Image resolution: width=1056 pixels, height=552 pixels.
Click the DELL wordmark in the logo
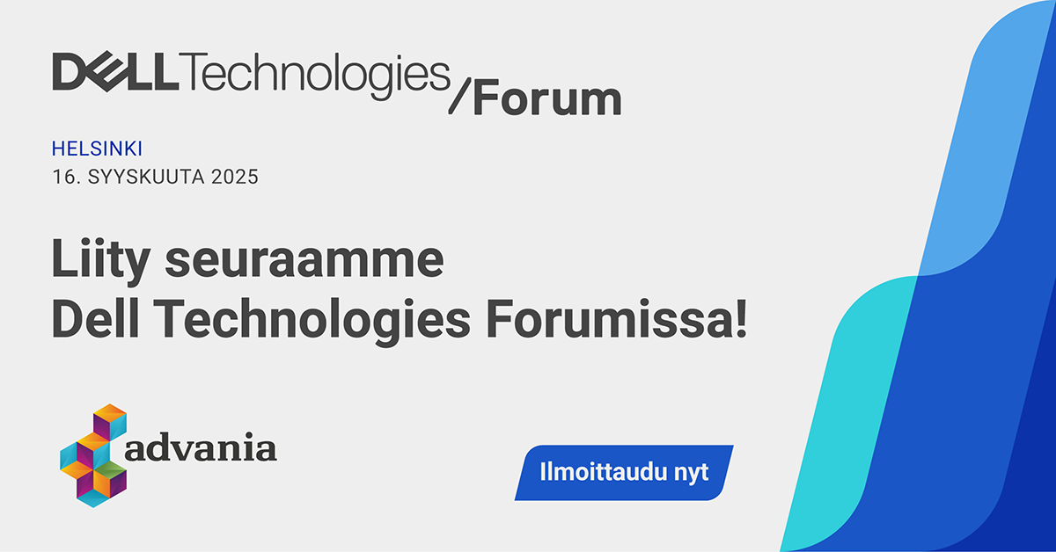115,71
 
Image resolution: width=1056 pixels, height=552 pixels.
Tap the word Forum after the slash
547,98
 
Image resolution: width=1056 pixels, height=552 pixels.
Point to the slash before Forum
459,96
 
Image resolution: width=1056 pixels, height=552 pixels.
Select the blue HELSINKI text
97,149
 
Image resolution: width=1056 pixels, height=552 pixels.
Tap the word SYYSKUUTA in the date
146,177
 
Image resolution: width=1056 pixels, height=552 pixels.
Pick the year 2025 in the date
235,177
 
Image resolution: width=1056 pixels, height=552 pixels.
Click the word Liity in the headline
101,260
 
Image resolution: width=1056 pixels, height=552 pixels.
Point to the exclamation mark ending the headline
741,318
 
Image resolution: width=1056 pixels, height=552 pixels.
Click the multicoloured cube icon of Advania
93,455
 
